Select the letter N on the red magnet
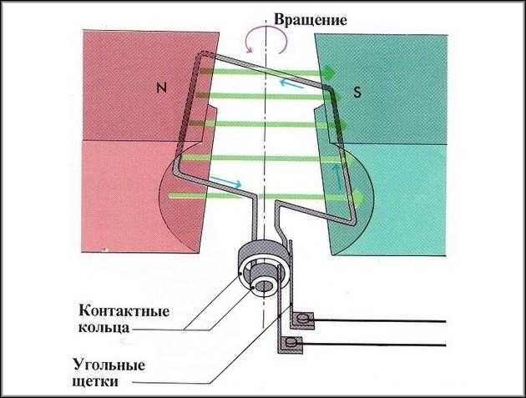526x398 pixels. (x=162, y=85)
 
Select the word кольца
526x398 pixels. (x=106, y=329)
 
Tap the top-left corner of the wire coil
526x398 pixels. (x=199, y=56)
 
